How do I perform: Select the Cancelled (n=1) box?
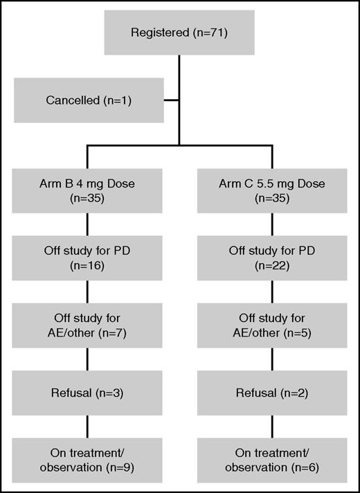(89, 100)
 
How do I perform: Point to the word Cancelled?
(73, 100)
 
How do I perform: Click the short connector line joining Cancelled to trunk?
(172, 100)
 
